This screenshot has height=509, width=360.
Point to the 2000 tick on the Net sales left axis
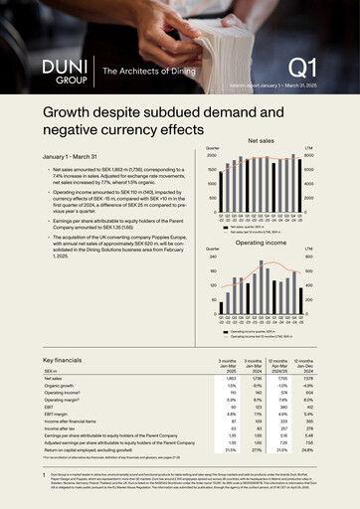pos(211,156)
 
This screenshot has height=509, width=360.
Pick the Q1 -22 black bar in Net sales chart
pos(226,177)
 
